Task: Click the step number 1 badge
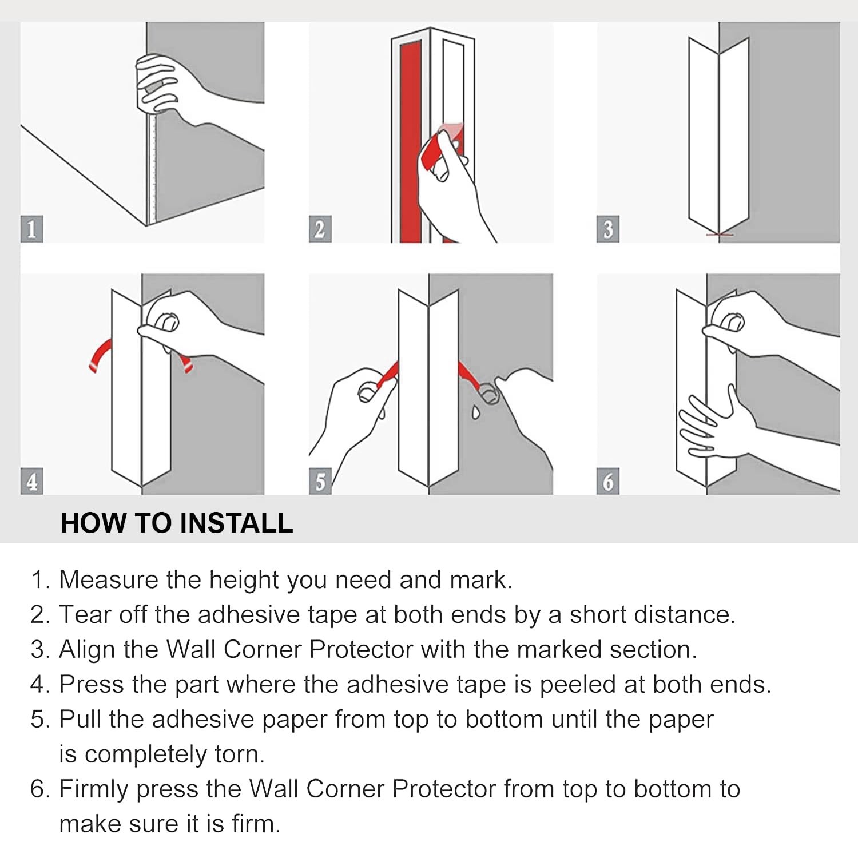(x=31, y=229)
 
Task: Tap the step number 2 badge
(x=320, y=229)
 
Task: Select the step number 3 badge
(x=607, y=229)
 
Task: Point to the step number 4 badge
(x=31, y=481)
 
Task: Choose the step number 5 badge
(x=320, y=481)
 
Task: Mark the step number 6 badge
(x=607, y=481)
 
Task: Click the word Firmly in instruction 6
(x=94, y=790)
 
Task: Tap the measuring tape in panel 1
(x=152, y=166)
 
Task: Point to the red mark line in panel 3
(x=719, y=235)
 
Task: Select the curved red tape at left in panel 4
(x=100, y=355)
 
